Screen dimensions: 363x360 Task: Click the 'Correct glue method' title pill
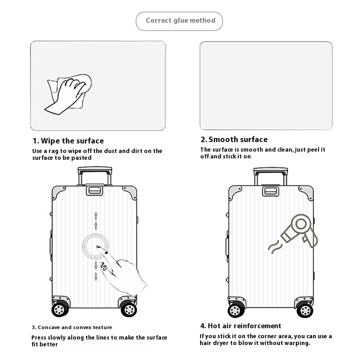pos(179,21)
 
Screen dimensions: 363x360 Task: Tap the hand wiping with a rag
pos(68,94)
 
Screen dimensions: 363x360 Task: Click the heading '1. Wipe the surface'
pos(69,141)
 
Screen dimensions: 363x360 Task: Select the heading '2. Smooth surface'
pos(234,139)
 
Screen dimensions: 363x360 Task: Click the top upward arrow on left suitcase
pos(96,216)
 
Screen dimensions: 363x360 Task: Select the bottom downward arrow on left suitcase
pos(96,276)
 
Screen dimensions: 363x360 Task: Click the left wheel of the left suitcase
pos(60,309)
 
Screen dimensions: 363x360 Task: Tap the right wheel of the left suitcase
pos(129,309)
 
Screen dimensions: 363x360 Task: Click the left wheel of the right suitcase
pos(236,310)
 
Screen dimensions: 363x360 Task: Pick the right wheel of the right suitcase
pos(305,310)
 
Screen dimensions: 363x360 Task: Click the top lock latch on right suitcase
pos(270,191)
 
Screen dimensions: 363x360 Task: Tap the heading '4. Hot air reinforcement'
pos(241,326)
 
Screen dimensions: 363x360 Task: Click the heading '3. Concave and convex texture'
pos(72,327)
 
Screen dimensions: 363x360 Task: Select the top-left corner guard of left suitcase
pos(58,192)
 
